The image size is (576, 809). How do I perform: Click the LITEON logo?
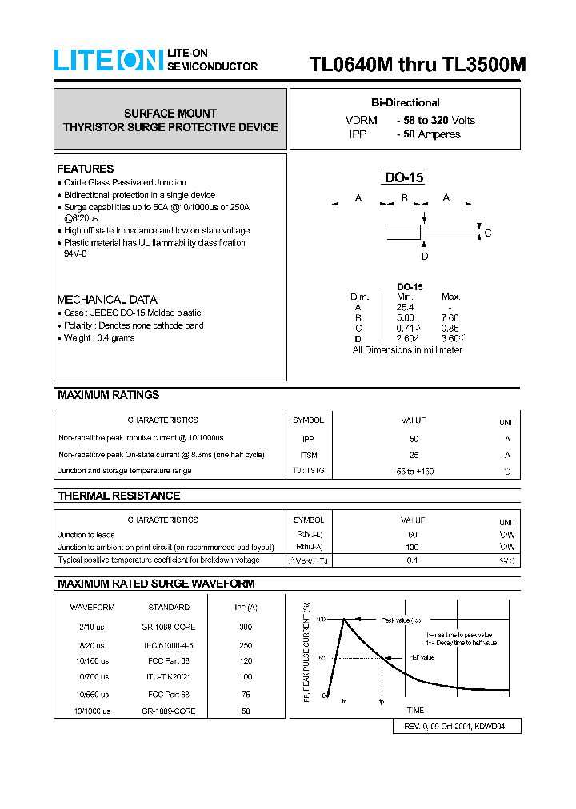(x=108, y=60)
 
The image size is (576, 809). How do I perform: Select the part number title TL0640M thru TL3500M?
(x=418, y=66)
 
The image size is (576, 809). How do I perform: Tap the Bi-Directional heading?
(x=405, y=102)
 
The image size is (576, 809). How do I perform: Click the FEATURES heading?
(x=85, y=169)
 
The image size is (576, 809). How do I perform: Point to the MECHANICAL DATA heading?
(x=107, y=299)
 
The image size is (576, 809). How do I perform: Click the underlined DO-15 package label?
(x=404, y=178)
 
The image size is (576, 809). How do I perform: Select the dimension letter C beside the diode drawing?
(x=487, y=233)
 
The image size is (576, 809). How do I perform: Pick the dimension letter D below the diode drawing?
(x=425, y=256)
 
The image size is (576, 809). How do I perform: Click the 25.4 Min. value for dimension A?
(x=405, y=307)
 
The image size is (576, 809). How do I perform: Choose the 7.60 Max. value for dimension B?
(x=450, y=317)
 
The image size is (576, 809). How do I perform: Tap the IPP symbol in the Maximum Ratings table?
(x=308, y=439)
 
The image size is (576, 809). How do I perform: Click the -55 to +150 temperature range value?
(x=414, y=471)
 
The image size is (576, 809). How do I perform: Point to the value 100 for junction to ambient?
(x=413, y=548)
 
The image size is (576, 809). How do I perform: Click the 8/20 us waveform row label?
(x=92, y=644)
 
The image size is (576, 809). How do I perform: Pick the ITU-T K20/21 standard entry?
(x=169, y=677)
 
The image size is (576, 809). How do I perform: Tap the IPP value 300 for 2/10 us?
(x=246, y=628)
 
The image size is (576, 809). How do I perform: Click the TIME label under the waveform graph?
(x=415, y=710)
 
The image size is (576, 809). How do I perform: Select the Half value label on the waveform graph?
(x=422, y=657)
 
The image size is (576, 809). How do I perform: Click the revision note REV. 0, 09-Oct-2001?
(x=458, y=727)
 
